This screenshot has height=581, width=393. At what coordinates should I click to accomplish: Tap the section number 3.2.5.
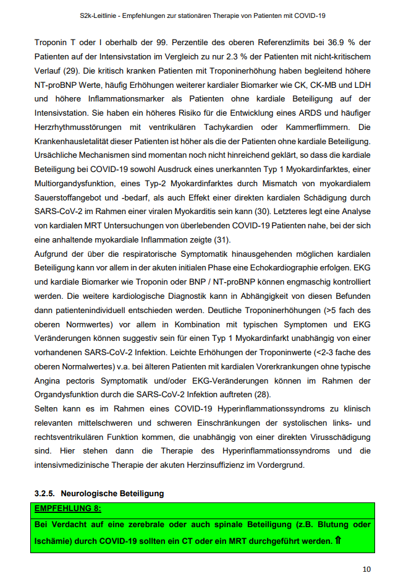coord(44,494)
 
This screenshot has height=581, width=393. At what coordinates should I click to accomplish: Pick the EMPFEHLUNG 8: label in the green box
coord(68,508)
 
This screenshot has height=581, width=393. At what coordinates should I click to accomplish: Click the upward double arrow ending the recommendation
coord(338,541)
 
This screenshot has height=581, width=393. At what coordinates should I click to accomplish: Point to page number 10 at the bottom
coord(366,569)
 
